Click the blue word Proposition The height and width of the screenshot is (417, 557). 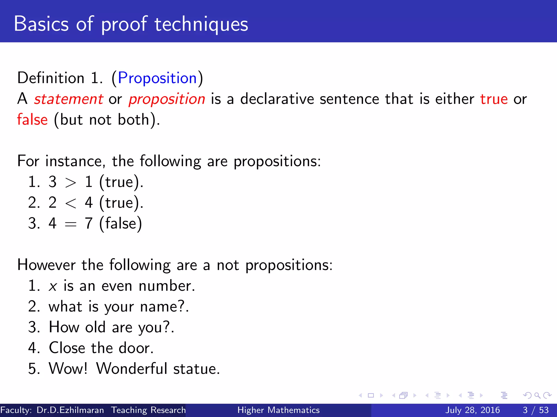(157, 78)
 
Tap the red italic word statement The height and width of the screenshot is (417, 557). (69, 99)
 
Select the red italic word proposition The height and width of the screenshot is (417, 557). (167, 99)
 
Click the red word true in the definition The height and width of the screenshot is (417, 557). (494, 99)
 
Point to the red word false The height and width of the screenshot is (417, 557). (32, 120)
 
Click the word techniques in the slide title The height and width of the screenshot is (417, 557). (201, 24)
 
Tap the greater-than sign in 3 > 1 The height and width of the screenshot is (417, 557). (70, 182)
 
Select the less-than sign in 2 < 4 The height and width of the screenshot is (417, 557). (70, 203)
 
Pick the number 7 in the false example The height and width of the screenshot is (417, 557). (89, 223)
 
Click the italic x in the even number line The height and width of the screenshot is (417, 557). (53, 286)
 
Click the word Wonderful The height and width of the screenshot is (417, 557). (132, 369)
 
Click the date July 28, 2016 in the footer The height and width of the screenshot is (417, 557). (472, 410)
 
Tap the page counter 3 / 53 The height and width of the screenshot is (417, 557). (536, 410)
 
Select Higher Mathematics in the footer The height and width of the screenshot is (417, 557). (278, 410)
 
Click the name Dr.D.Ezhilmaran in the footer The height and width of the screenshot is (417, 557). (70, 410)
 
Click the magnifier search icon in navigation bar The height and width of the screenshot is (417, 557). (537, 396)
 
